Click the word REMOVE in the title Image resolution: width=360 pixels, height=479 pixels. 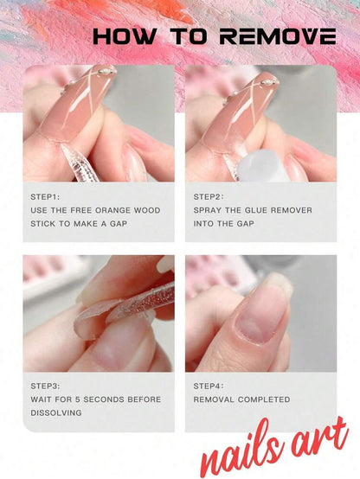click(277, 36)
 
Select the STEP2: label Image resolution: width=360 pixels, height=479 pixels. click(210, 196)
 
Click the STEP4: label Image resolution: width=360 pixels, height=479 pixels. click(210, 386)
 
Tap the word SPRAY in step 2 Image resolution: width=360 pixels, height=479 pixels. click(209, 210)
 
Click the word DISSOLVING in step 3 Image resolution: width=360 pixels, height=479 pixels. click(56, 413)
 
